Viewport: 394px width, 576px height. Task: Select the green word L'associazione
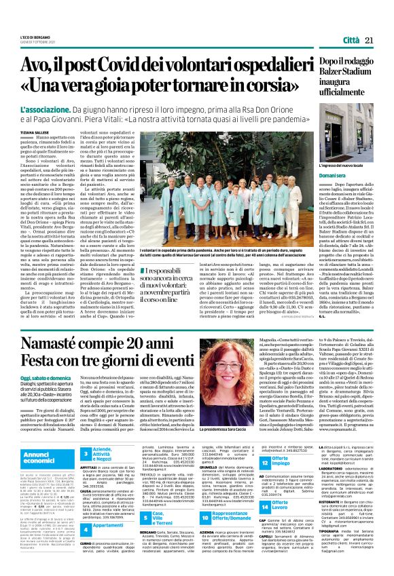click(x=47, y=109)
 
